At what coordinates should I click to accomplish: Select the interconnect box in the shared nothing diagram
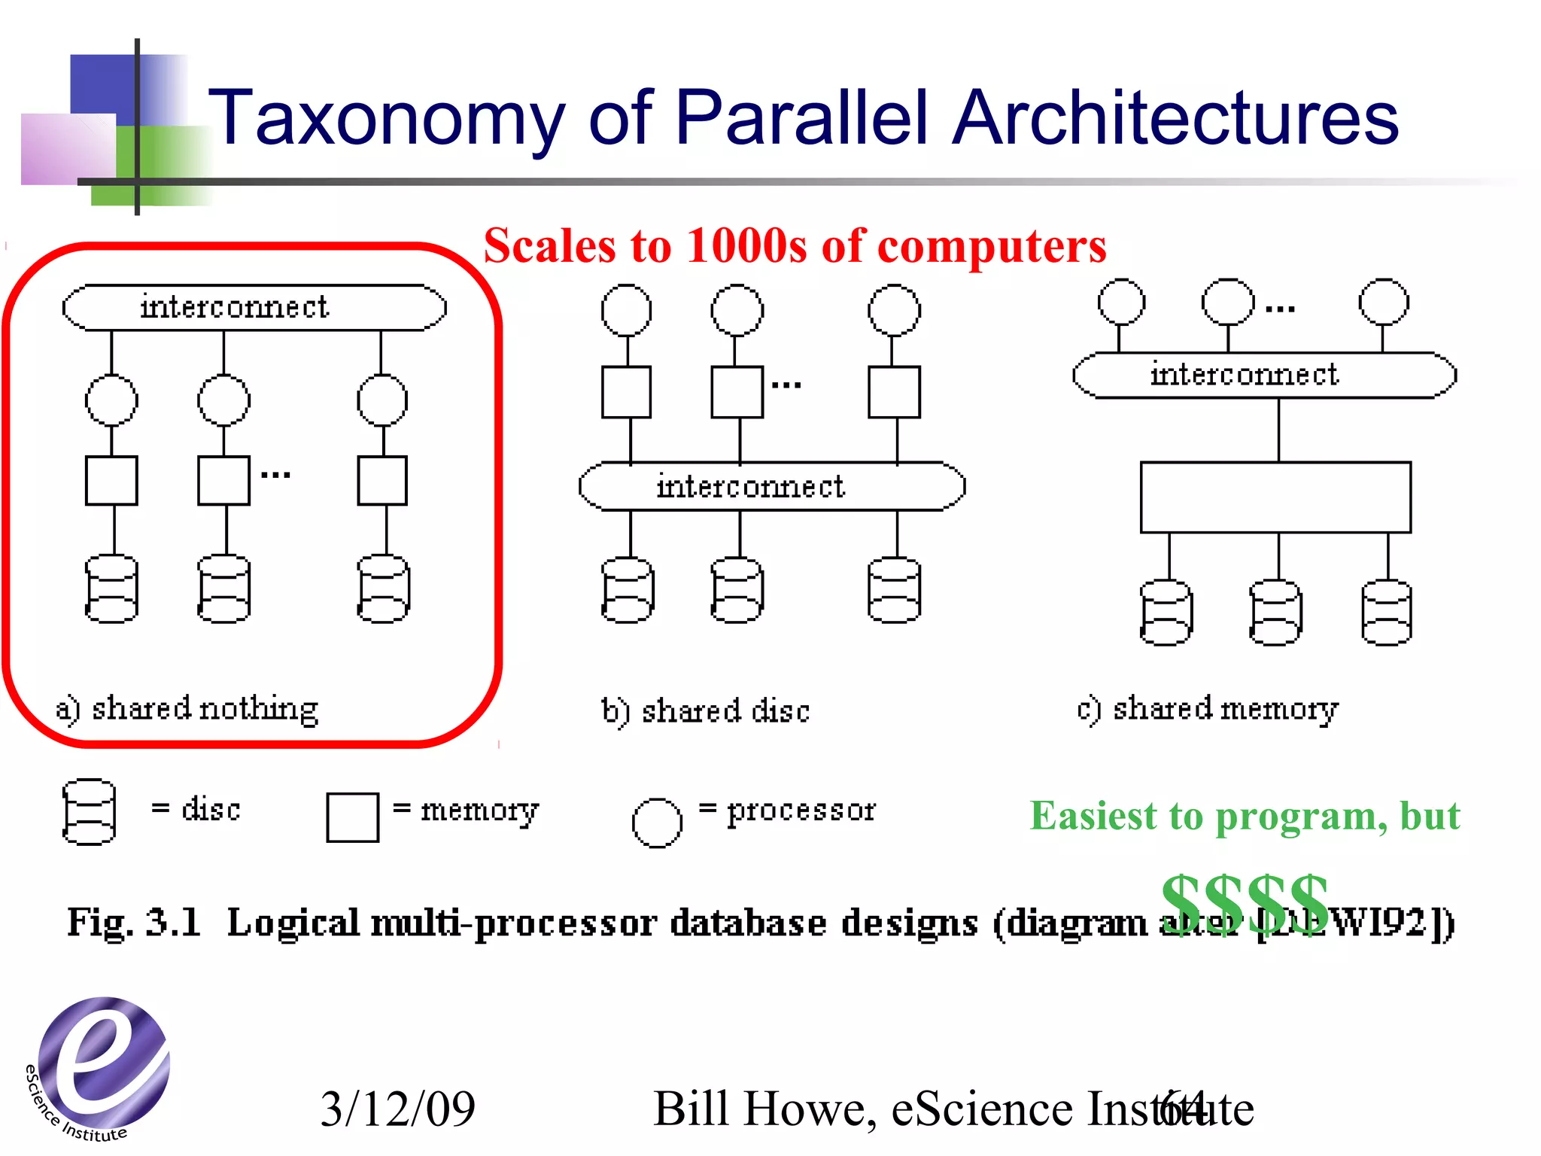[254, 307]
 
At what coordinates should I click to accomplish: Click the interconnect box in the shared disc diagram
[772, 486]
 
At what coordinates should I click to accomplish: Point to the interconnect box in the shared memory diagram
[1264, 374]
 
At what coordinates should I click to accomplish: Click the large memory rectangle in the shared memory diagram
[1275, 497]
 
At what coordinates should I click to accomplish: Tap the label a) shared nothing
[187, 708]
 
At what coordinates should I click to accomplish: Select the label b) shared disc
[706, 711]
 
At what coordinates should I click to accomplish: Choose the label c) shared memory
[1208, 709]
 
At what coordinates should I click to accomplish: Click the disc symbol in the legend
[89, 812]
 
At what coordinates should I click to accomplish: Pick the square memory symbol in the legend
[352, 817]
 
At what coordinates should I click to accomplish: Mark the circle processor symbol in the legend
[657, 823]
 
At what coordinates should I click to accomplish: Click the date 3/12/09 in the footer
[398, 1109]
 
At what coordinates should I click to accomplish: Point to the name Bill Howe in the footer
[759, 1109]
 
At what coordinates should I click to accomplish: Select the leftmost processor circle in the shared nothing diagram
[111, 400]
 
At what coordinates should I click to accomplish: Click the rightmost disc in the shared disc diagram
[894, 590]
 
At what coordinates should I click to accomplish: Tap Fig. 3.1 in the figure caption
[134, 922]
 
